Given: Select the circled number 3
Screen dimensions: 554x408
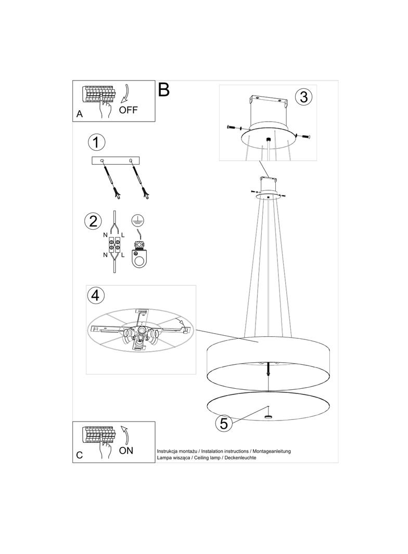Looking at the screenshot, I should [303, 97].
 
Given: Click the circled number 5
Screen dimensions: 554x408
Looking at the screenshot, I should [224, 424].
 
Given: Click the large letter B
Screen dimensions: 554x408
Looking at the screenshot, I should [164, 90].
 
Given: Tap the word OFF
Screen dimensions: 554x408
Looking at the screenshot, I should [129, 110].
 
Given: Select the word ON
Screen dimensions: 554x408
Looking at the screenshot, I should [126, 451].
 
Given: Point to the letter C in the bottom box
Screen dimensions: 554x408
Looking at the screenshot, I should [80, 455].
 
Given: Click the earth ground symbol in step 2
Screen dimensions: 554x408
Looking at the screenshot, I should [137, 219].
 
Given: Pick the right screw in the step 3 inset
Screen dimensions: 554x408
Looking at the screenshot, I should [302, 137].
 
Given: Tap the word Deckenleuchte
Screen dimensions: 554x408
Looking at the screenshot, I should [240, 457].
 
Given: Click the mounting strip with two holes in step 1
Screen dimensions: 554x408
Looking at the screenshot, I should [116, 161].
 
